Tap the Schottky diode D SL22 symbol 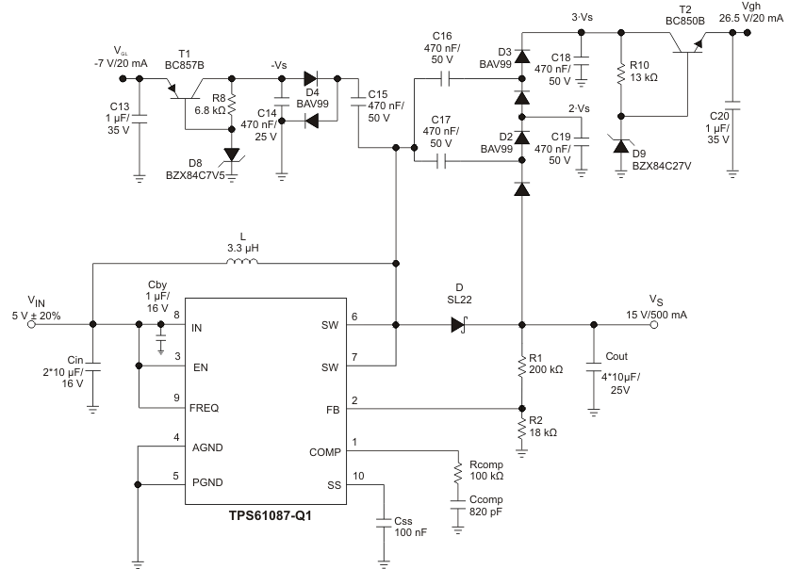pyautogui.click(x=459, y=325)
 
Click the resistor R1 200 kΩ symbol pyautogui.click(x=521, y=366)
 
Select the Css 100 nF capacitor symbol pyautogui.click(x=385, y=521)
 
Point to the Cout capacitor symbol pyautogui.click(x=593, y=365)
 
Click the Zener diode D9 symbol pyautogui.click(x=620, y=143)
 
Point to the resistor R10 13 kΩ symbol pyautogui.click(x=620, y=73)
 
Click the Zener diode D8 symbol pyautogui.click(x=232, y=155)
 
